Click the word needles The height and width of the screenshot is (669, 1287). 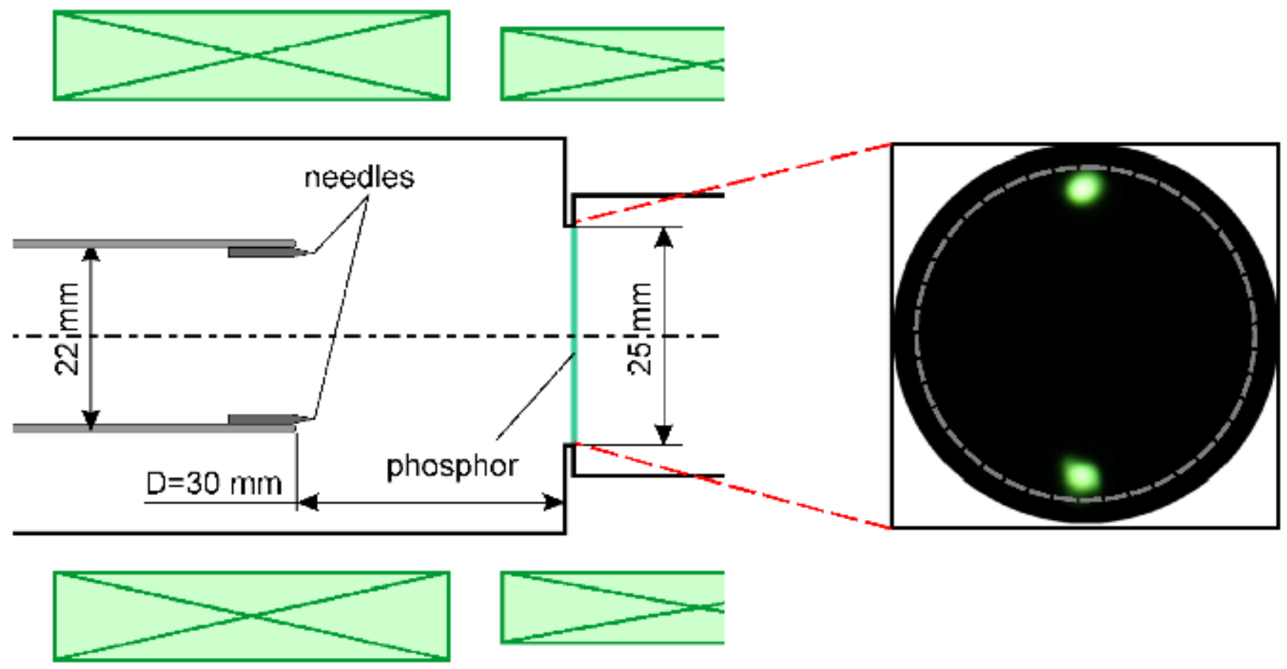tap(359, 178)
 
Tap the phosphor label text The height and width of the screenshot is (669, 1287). tap(452, 467)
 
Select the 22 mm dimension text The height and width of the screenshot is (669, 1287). tap(68, 329)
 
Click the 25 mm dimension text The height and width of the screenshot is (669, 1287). tap(639, 329)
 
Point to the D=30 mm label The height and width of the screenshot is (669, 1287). tap(214, 484)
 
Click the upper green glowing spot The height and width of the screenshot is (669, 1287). tap(1083, 188)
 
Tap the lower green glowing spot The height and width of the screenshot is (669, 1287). tap(1080, 475)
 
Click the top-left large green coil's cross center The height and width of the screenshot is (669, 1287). tap(251, 56)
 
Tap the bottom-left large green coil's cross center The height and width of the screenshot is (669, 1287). tap(251, 616)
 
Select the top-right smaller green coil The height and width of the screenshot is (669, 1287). tap(612, 64)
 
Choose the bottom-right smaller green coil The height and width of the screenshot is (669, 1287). tap(612, 607)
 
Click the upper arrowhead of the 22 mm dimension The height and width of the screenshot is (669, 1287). tap(90, 255)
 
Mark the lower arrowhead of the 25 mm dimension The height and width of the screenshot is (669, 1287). tap(664, 434)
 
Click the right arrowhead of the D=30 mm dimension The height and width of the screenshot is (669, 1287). tap(553, 502)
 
